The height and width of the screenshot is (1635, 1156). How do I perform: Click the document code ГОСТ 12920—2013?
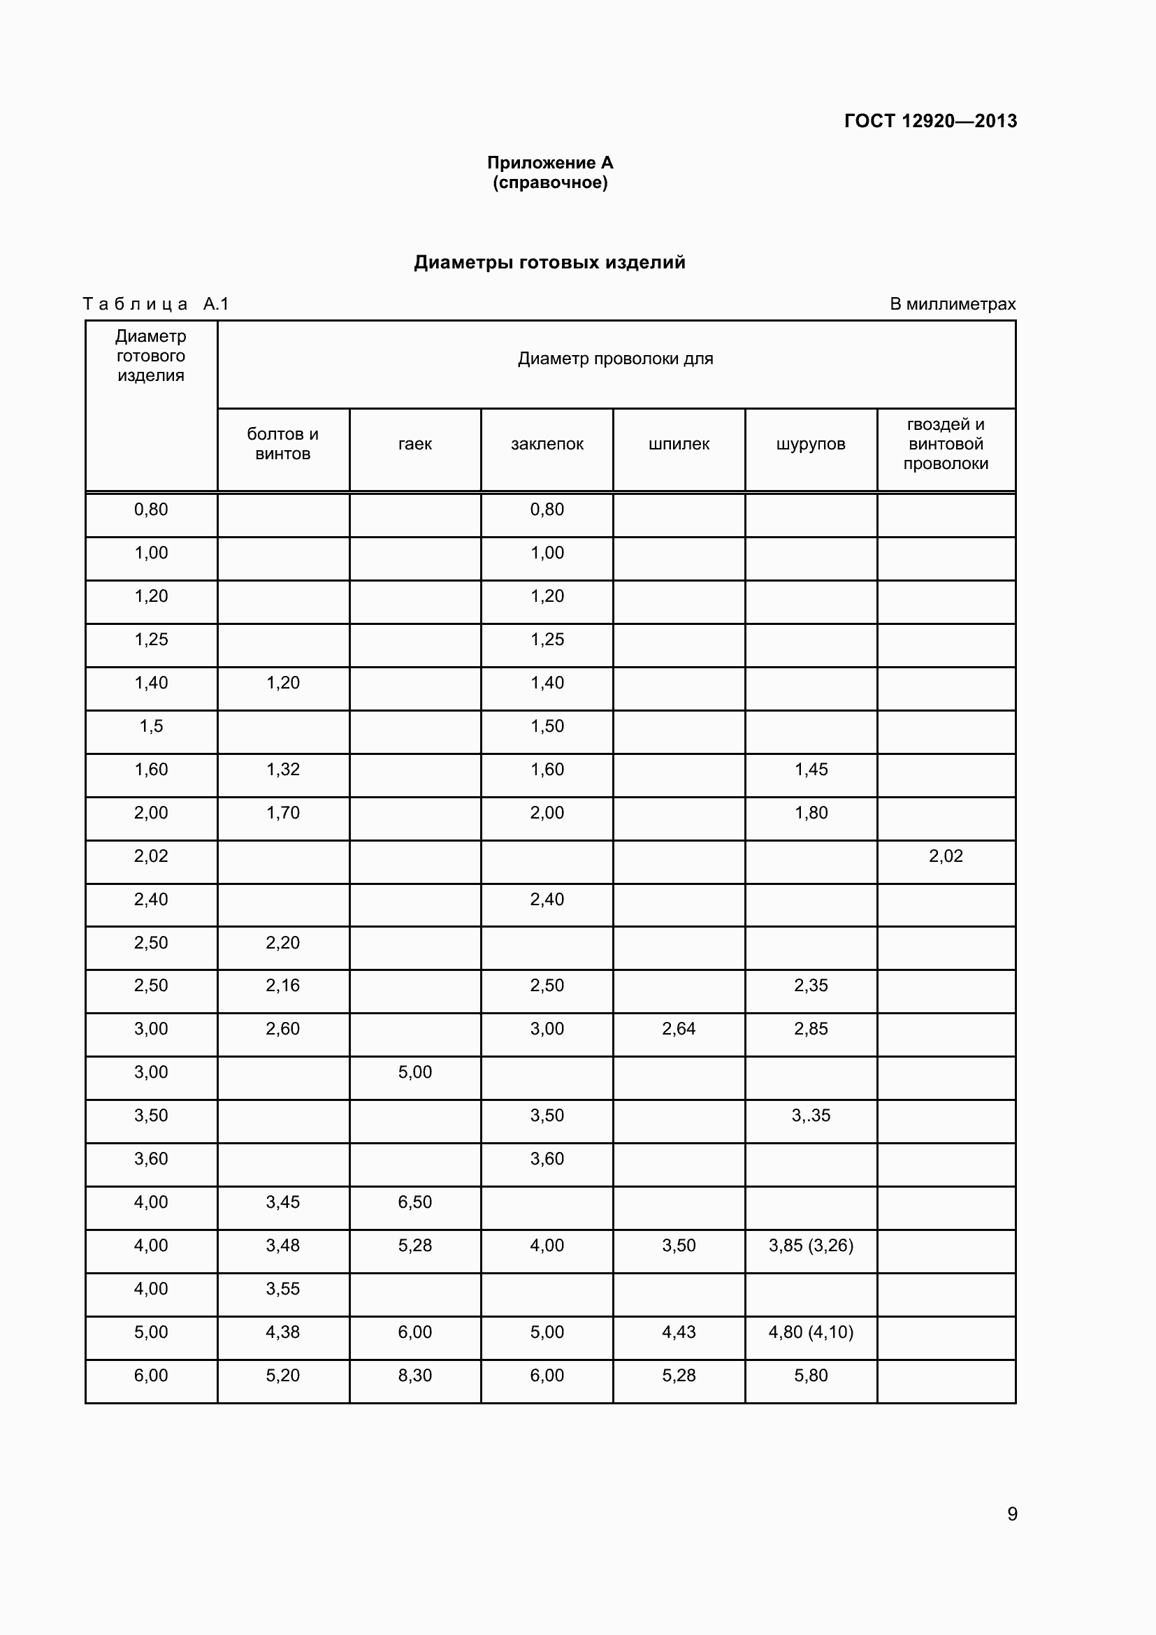click(x=930, y=121)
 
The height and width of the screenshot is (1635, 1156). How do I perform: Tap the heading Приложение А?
click(x=549, y=163)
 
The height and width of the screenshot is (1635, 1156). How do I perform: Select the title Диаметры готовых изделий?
click(x=549, y=262)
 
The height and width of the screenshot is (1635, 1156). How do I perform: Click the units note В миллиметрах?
click(x=953, y=304)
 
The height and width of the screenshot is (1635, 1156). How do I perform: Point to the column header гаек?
click(x=415, y=444)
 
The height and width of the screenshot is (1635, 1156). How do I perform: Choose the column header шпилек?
click(x=679, y=444)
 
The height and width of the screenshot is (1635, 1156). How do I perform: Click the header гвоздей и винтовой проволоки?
click(x=946, y=444)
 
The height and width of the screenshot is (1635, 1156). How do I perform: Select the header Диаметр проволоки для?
click(x=615, y=358)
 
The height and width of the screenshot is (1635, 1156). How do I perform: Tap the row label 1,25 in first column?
click(x=151, y=639)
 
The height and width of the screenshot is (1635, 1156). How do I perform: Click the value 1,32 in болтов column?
click(x=282, y=769)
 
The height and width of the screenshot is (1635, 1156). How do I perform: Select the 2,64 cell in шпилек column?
click(x=679, y=1028)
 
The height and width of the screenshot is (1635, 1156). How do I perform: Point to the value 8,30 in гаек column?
click(x=415, y=1375)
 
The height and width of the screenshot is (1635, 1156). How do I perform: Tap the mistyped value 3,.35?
click(x=811, y=1115)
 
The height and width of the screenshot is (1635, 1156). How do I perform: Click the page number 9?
click(x=1011, y=1513)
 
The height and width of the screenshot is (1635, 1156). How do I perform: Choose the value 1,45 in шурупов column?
click(x=811, y=769)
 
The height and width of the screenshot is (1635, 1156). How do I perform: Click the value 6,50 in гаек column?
click(x=415, y=1202)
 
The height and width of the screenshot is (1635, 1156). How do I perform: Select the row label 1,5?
click(x=151, y=726)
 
